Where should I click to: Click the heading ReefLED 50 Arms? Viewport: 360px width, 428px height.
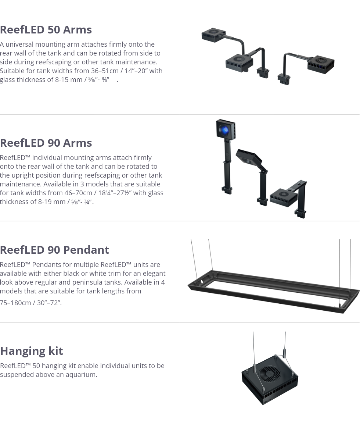point(46,29)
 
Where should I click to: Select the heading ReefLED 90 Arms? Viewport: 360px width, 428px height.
point(46,143)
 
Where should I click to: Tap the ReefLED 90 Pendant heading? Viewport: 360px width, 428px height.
point(54,250)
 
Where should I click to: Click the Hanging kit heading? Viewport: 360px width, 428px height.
point(32,351)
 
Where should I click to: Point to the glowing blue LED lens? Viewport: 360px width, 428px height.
point(225,130)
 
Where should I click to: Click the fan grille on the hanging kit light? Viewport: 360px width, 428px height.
point(270,373)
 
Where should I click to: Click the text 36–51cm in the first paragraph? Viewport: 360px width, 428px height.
point(105,71)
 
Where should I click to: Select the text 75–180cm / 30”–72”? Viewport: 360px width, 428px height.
point(31,303)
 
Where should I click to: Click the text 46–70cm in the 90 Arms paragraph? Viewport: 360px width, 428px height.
point(78,193)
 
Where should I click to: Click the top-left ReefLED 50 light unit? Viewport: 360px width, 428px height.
point(213,35)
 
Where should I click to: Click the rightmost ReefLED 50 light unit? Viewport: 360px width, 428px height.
point(321,65)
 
